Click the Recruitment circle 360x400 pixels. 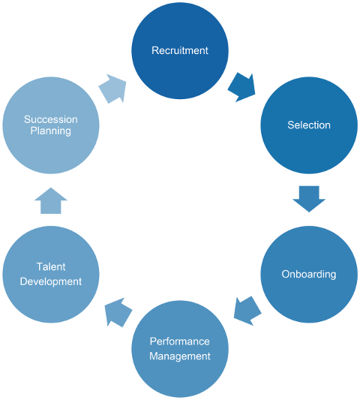tap(180, 50)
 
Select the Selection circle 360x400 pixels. tap(309, 125)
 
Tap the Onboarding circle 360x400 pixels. tap(309, 274)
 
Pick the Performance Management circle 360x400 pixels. tap(180, 349)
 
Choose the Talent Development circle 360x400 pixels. tap(51, 274)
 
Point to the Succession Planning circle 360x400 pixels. tap(51, 125)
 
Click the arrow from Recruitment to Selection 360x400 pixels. tap(242, 87)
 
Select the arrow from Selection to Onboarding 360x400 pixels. tap(309, 199)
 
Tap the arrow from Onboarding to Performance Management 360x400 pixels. tap(247, 311)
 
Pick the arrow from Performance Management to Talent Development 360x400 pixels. tap(118, 312)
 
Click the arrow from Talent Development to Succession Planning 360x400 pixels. tap(51, 200)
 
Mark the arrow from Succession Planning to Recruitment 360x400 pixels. tap(112, 89)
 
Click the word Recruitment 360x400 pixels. tap(180, 50)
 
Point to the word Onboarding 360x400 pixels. tap(309, 275)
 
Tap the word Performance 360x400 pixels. tap(180, 341)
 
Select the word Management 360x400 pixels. tap(180, 356)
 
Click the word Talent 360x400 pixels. tap(51, 267)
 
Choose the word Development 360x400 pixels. tap(51, 282)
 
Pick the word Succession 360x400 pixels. tap(51, 119)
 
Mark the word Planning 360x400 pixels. tap(51, 131)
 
